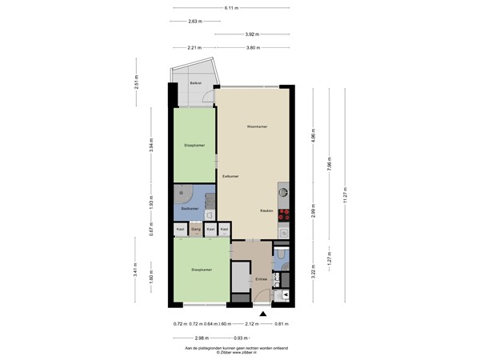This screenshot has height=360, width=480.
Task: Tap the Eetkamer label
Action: (230, 176)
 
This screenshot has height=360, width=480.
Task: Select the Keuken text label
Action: (266, 210)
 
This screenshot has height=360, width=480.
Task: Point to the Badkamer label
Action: (190, 208)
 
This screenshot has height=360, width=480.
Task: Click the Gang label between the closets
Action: (195, 229)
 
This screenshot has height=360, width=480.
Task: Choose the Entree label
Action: (261, 278)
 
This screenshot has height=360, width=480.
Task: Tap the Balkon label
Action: (194, 82)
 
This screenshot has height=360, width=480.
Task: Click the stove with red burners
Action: (283, 214)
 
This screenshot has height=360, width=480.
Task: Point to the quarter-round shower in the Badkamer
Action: (183, 193)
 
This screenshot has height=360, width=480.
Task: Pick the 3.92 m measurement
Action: (252, 34)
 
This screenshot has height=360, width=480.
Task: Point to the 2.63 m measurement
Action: (194, 21)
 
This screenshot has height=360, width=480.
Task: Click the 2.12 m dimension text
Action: (253, 324)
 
